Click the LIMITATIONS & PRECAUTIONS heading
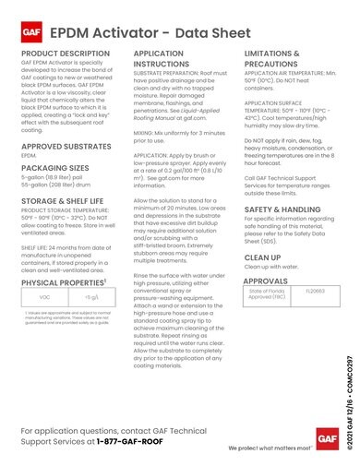point(278,86)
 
